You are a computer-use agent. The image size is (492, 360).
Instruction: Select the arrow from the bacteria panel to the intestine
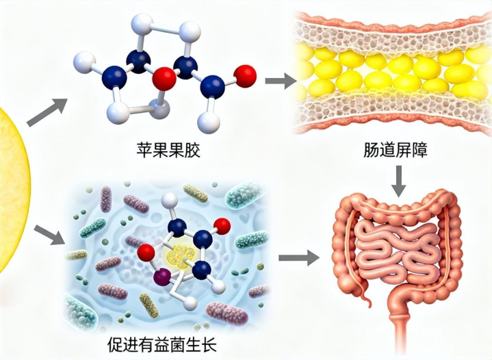300,257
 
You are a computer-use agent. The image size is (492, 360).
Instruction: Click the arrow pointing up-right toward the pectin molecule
47,112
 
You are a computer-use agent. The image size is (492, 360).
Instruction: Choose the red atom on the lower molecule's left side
146,254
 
